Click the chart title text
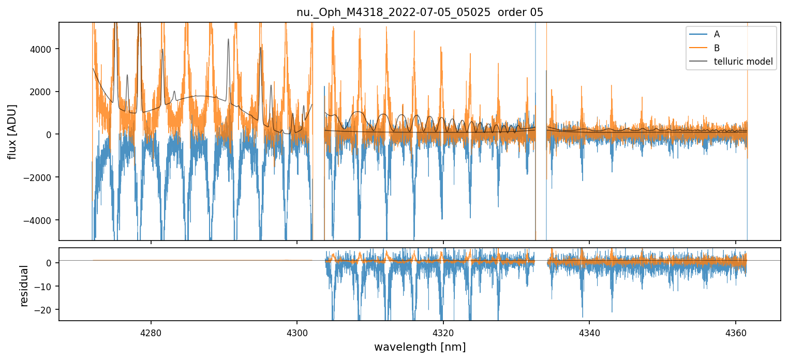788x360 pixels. tap(420, 12)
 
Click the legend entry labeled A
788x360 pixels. tap(717, 34)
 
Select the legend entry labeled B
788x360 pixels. tap(717, 48)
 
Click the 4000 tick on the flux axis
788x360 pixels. tap(43, 49)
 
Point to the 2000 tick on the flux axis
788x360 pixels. tap(43, 92)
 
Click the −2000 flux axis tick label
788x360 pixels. tap(41, 177)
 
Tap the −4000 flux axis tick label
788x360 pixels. tap(41, 220)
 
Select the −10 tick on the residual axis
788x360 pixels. tap(46, 286)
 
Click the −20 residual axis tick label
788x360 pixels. tap(46, 309)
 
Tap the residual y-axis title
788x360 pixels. tap(24, 286)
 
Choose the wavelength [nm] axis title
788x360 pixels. tap(420, 347)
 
